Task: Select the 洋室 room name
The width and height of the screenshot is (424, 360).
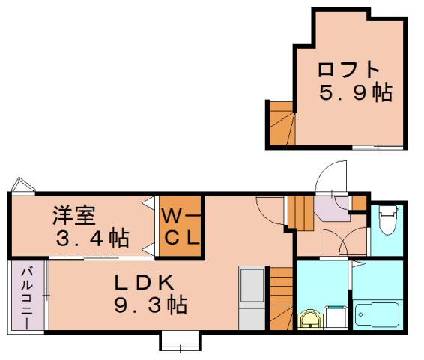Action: (x=73, y=215)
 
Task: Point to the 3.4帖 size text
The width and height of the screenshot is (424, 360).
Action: (x=93, y=239)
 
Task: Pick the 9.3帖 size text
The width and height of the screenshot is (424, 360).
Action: (x=150, y=305)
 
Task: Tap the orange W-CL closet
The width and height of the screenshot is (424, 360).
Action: (x=181, y=225)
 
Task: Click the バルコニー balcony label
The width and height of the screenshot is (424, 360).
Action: (x=27, y=298)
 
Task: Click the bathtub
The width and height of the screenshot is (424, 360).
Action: (x=378, y=312)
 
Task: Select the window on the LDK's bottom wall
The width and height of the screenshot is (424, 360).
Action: (x=179, y=341)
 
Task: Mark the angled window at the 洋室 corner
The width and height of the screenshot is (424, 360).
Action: (x=21, y=185)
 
